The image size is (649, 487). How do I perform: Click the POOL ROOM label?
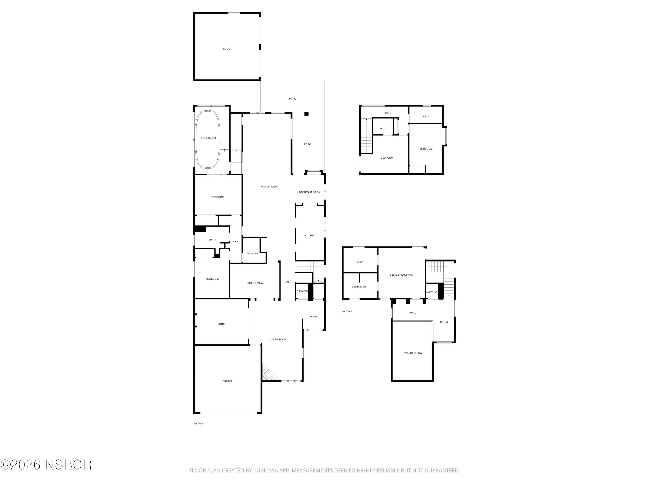[x=208, y=138]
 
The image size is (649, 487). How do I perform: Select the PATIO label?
[x=292, y=99]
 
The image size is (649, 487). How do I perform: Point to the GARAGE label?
[x=227, y=381]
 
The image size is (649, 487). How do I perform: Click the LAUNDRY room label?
[x=252, y=253]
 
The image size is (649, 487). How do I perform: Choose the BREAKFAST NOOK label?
[x=310, y=192]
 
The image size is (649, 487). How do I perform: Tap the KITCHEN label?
[x=310, y=235]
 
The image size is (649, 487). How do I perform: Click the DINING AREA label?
[x=255, y=283]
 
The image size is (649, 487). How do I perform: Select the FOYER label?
[x=314, y=316]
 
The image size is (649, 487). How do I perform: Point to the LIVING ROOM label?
[x=278, y=339]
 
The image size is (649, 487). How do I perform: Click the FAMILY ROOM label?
[x=269, y=187]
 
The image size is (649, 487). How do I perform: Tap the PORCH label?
[x=308, y=144]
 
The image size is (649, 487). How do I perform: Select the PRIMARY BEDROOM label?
[x=402, y=275]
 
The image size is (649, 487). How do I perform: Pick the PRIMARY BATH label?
[x=361, y=287]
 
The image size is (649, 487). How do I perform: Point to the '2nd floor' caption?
[x=347, y=311]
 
